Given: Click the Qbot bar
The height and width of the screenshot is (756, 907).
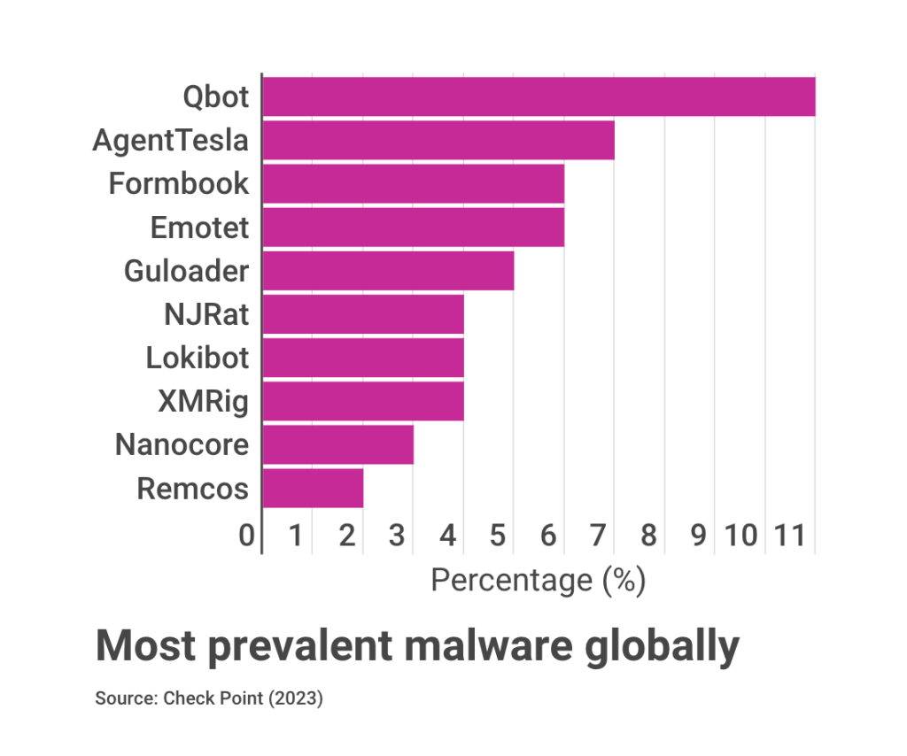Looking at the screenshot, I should point(539,96).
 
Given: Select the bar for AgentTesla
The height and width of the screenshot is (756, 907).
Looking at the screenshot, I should point(438,140).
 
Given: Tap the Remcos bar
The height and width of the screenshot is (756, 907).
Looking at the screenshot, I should point(313,488).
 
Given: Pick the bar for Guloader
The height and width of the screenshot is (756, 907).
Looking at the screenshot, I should point(388,271).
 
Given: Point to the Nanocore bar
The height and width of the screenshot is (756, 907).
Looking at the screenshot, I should point(337,444).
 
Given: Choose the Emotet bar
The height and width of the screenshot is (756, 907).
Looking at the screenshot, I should point(413,228).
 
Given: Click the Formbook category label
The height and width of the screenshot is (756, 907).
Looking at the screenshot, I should point(179,183).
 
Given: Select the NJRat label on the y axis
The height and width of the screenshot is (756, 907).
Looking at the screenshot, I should point(206,314).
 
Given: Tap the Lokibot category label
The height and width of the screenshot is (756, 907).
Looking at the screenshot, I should point(198,358).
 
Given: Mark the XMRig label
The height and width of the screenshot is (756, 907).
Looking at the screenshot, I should point(203,401).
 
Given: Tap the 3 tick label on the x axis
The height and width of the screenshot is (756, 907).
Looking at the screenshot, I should point(397,536).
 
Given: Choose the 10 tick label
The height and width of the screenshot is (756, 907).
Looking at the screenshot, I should point(741,536).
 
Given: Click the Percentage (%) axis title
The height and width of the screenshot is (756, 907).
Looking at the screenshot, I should point(538,581).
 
